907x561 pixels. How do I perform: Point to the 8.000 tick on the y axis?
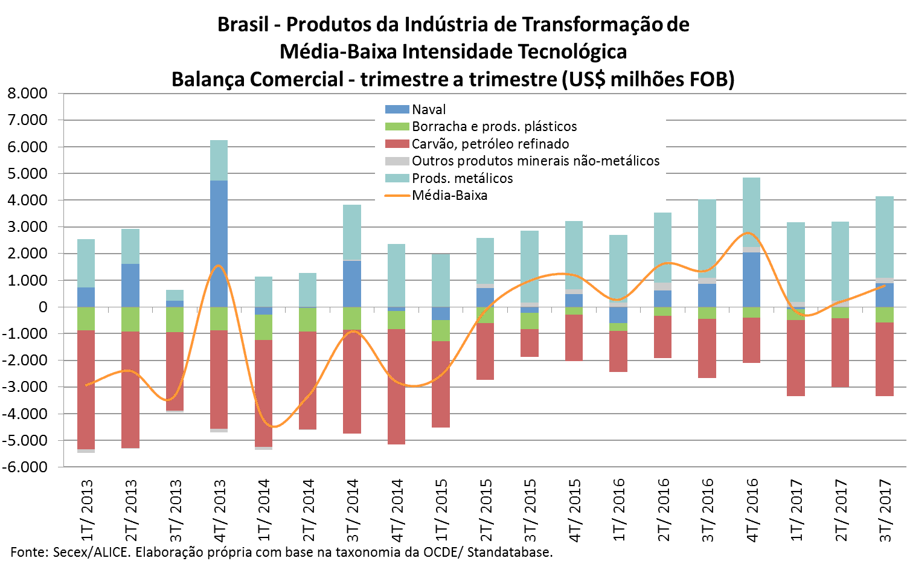coord(27,94)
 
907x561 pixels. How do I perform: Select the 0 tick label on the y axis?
coord(42,307)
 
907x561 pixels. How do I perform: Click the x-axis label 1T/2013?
coord(87,510)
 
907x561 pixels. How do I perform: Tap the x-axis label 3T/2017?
coord(885,510)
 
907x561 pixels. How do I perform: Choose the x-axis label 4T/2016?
coord(752,510)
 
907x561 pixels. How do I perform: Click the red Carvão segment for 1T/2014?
coord(263,393)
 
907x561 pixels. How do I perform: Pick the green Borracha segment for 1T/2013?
coord(86,319)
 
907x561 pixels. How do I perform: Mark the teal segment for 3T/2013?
coord(175,295)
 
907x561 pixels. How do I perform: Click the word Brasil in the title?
coord(243,25)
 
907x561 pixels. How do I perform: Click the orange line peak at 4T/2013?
coord(218,265)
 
